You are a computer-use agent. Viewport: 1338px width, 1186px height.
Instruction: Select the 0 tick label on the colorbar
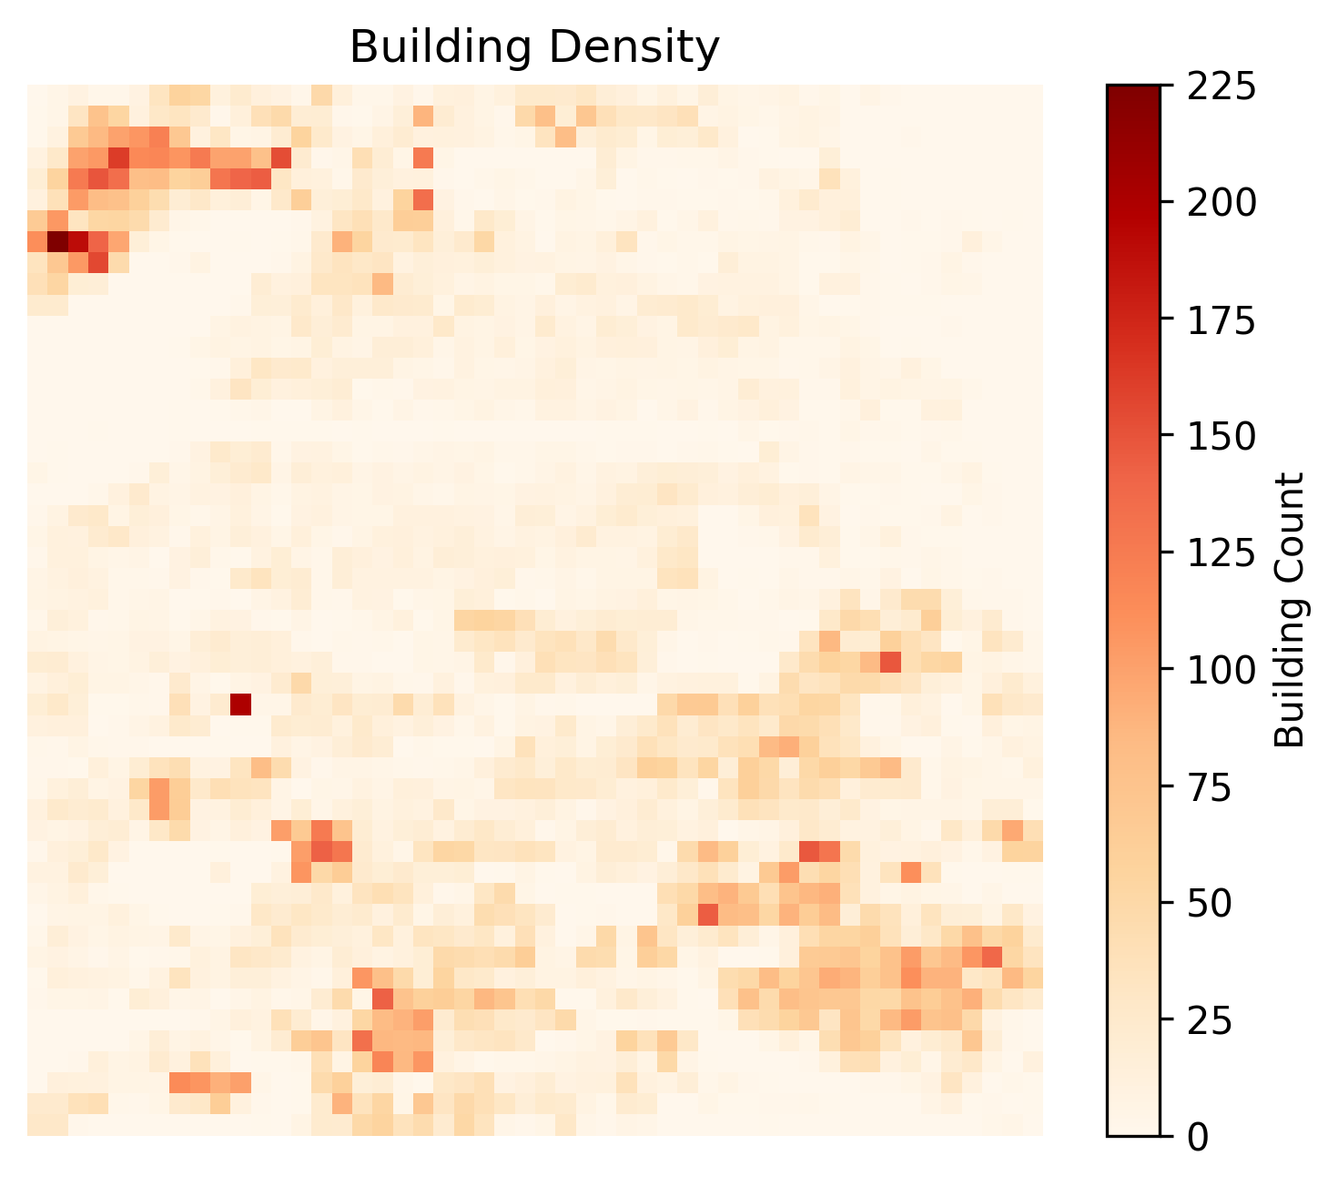click(x=1199, y=1137)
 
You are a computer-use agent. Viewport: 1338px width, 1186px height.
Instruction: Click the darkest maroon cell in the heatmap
click(x=57, y=241)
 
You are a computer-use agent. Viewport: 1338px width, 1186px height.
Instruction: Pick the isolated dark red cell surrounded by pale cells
click(x=240, y=704)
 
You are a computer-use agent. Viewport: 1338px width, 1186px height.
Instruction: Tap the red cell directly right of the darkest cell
click(x=78, y=241)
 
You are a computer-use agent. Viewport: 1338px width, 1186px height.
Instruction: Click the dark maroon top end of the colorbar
click(x=1133, y=90)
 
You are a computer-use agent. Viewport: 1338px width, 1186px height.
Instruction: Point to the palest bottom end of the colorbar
click(x=1133, y=1131)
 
